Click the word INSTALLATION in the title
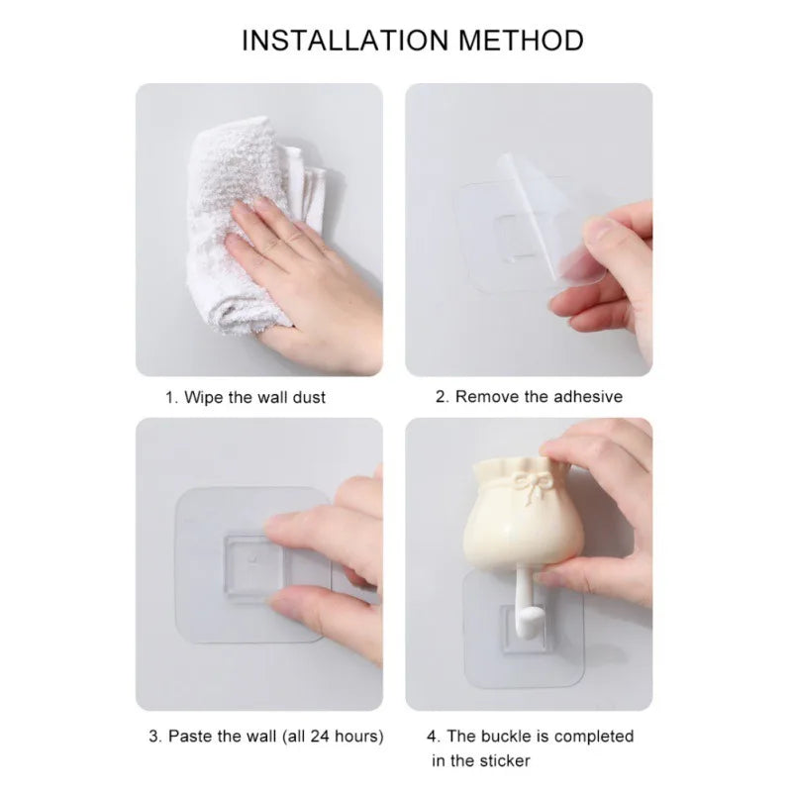coord(345,41)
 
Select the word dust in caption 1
coord(309,398)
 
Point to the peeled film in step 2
coord(550,217)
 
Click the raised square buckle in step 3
coord(251,564)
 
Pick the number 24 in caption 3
coord(320,736)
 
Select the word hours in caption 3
coord(358,737)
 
